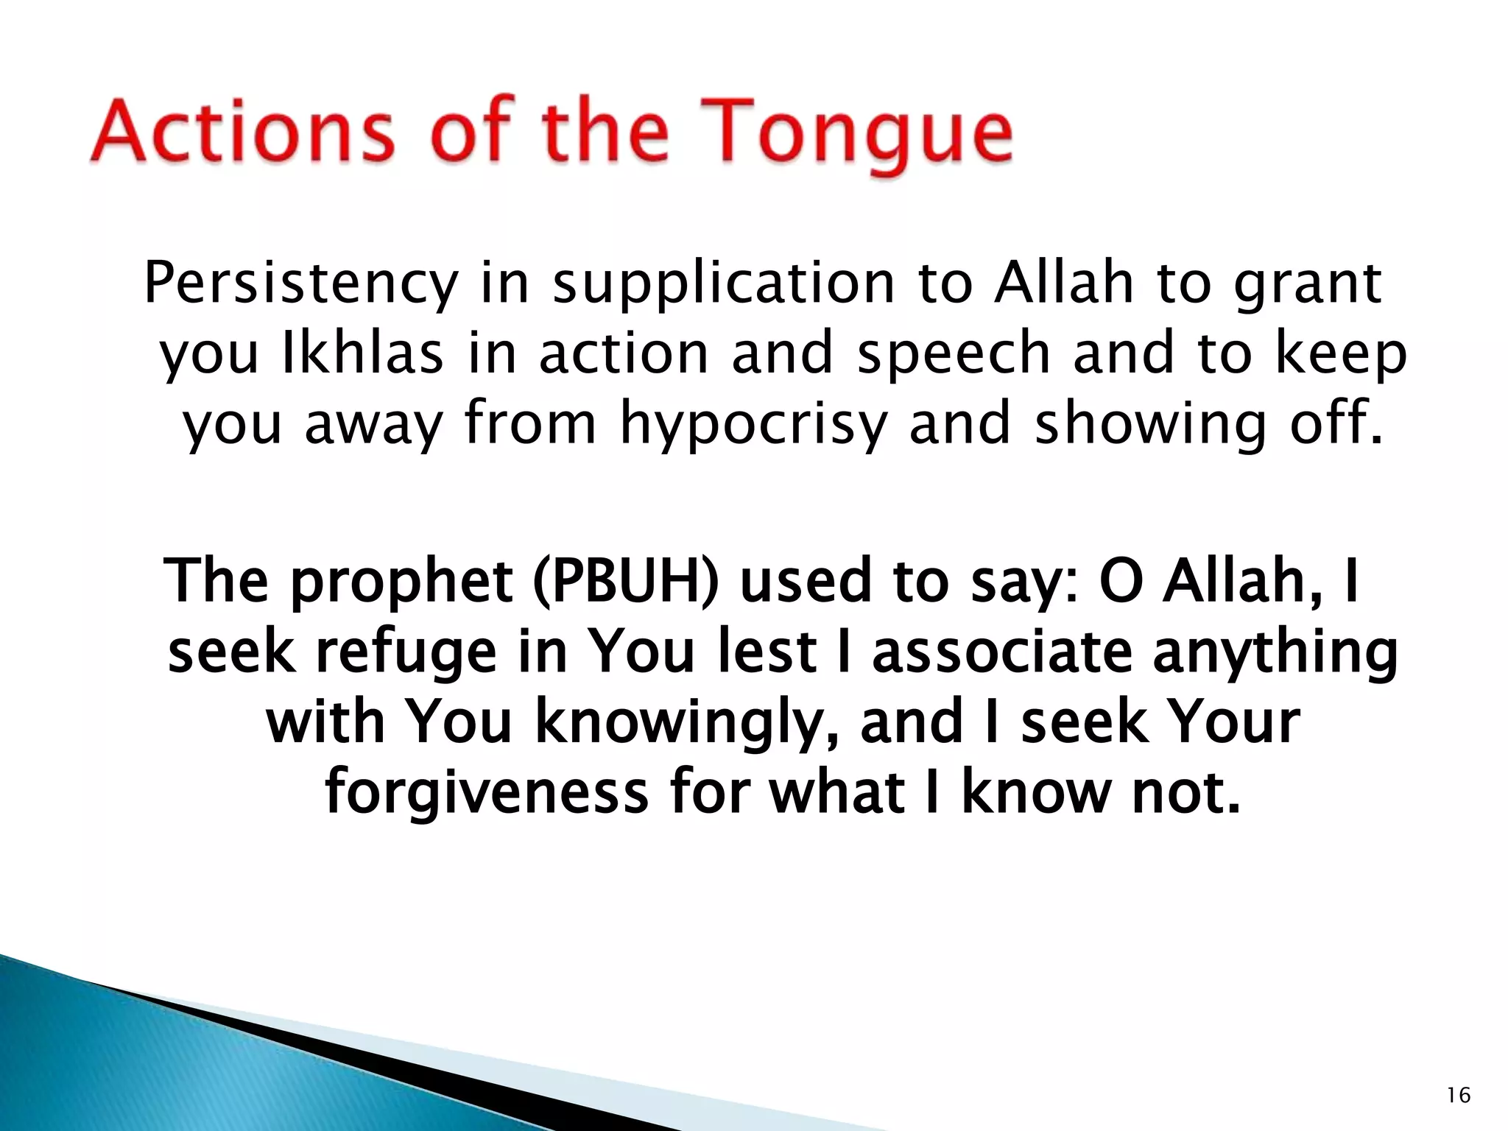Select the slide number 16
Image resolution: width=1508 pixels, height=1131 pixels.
pos(1458,1096)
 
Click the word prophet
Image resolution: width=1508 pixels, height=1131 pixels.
pos(401,582)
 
